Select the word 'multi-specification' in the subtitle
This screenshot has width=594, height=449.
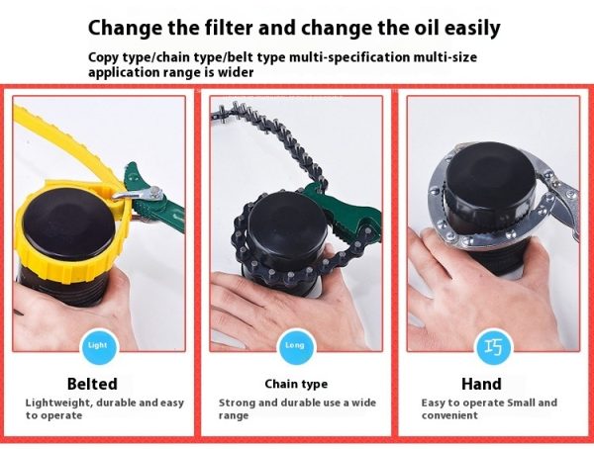(x=348, y=57)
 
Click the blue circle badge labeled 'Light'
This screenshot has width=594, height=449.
(x=98, y=346)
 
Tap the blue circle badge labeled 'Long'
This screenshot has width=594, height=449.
(x=295, y=346)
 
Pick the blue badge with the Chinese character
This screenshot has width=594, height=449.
(x=493, y=346)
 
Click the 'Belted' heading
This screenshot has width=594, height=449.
(x=92, y=384)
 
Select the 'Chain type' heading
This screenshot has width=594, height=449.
(x=296, y=385)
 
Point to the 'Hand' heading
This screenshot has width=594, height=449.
(x=481, y=384)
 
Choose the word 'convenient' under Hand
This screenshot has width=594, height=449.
(x=449, y=415)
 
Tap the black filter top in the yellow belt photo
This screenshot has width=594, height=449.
(x=69, y=224)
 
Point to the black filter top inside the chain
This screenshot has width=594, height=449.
(x=287, y=227)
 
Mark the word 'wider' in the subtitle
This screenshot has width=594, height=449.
(x=236, y=72)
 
